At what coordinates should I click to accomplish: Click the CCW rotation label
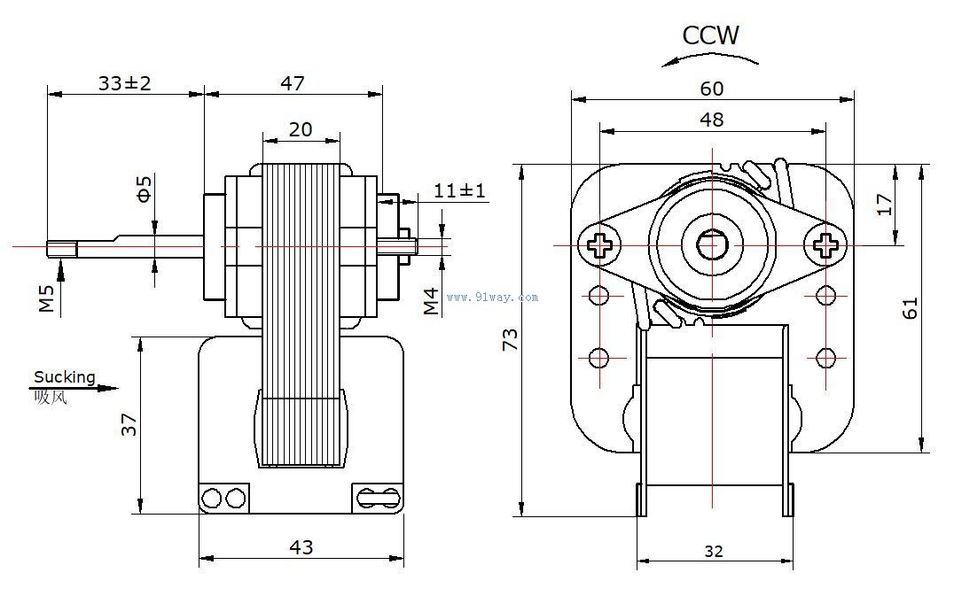(x=710, y=35)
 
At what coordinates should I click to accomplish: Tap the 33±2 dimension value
(x=125, y=83)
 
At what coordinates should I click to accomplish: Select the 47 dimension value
(x=293, y=83)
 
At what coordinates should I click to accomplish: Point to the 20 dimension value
(x=301, y=129)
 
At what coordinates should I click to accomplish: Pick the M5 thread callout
(x=46, y=298)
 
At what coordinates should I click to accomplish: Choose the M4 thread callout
(x=431, y=301)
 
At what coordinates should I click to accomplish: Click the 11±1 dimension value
(x=459, y=190)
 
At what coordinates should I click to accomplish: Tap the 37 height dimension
(x=130, y=425)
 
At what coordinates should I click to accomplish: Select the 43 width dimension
(x=301, y=547)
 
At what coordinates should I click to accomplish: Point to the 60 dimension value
(x=712, y=89)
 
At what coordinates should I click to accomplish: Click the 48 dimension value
(x=712, y=120)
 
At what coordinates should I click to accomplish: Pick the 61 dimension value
(x=911, y=307)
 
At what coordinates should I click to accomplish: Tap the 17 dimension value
(x=884, y=205)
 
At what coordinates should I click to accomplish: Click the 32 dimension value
(x=714, y=551)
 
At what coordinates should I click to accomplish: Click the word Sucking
(x=64, y=377)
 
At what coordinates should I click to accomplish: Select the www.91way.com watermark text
(x=492, y=298)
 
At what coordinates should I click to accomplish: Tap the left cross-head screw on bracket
(x=599, y=244)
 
